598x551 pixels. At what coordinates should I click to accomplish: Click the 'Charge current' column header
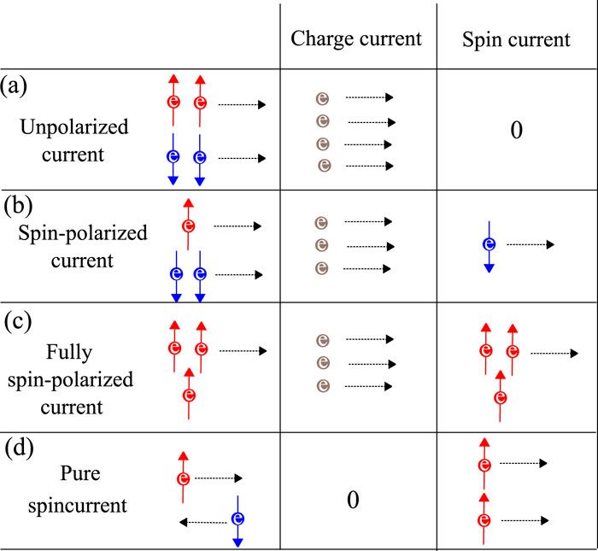(356, 38)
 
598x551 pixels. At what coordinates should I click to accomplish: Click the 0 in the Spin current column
(515, 131)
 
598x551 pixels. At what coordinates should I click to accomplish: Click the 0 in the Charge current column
(352, 500)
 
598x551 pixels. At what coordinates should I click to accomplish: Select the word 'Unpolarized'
(75, 128)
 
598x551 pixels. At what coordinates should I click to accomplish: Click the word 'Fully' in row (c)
(75, 351)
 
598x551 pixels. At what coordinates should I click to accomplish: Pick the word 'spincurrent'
(77, 504)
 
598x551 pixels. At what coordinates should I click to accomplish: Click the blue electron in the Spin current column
(489, 244)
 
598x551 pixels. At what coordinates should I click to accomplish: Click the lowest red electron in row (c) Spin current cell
(501, 396)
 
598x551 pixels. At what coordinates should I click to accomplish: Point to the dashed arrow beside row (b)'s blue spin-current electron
(530, 245)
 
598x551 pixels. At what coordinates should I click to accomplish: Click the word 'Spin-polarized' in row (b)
(82, 232)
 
